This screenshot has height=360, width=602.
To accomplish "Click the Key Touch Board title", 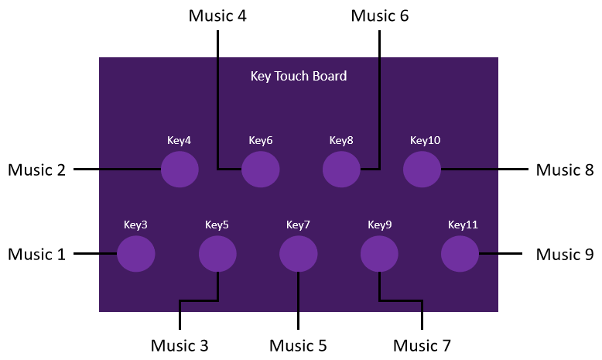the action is [299, 76].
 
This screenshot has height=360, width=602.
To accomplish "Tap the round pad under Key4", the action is [180, 169].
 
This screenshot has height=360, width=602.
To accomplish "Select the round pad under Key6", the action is [261, 169].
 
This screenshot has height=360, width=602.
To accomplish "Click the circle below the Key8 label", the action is [341, 169].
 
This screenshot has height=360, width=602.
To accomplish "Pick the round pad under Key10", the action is [422, 169].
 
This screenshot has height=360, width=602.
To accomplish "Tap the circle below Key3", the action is [136, 254].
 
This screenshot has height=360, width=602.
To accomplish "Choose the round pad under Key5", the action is [217, 254].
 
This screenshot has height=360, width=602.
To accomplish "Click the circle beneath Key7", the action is [299, 254].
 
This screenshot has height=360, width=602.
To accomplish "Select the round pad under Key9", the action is [379, 254].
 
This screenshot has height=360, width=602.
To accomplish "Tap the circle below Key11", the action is [460, 254].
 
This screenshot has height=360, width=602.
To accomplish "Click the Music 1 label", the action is [37, 255].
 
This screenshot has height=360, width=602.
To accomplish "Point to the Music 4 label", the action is [217, 15].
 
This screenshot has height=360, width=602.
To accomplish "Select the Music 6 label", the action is [380, 15].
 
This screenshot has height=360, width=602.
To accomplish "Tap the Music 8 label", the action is [565, 170].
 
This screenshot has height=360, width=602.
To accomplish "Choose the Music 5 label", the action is [299, 345].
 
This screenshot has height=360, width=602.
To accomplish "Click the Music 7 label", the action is [422, 345].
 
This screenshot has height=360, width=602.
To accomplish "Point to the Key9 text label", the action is [380, 225].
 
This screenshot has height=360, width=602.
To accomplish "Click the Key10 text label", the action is [425, 140].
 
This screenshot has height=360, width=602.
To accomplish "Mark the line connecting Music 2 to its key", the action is [117, 169].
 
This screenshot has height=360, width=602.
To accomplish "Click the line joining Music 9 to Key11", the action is [501, 254].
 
